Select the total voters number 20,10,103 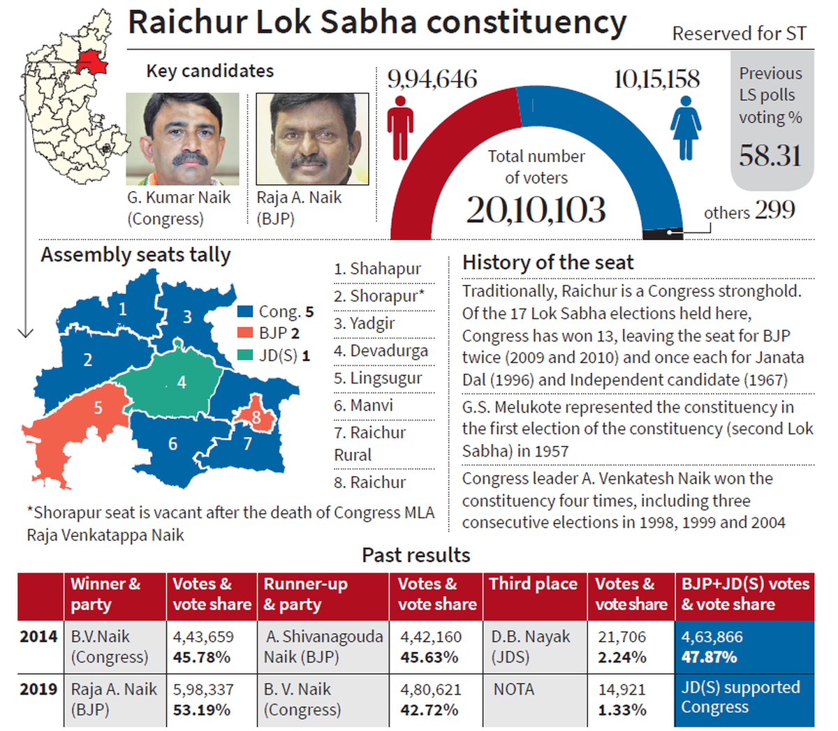536,209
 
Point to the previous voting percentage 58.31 770,155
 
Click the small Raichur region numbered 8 256,417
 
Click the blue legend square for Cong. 245,312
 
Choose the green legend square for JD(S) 245,355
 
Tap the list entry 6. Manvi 363,405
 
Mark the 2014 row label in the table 38,637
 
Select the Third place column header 533,584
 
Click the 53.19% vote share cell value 201,710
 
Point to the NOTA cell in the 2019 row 513,690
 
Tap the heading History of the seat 547,263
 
